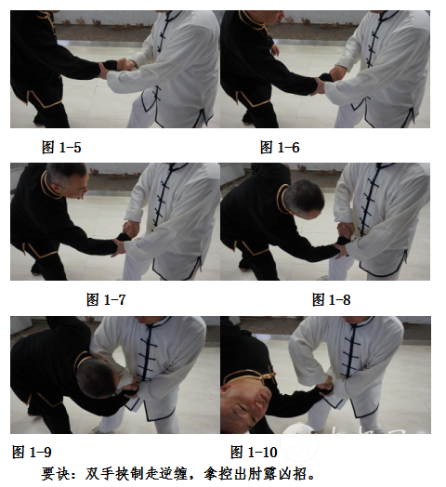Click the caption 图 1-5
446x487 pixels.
pyautogui.click(x=61, y=147)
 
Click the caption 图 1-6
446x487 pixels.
pyautogui.click(x=280, y=147)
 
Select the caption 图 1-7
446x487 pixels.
pyautogui.click(x=106, y=299)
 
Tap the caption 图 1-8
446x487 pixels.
pyautogui.click(x=332, y=299)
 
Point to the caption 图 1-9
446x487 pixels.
pyautogui.click(x=32, y=452)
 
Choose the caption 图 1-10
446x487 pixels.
pyautogui.click(x=254, y=452)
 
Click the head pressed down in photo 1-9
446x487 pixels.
pyautogui.click(x=98, y=378)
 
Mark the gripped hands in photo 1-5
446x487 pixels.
pyautogui.click(x=118, y=67)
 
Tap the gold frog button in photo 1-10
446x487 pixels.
pyautogui.click(x=268, y=376)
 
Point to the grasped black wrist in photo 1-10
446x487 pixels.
pyautogui.click(x=323, y=388)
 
